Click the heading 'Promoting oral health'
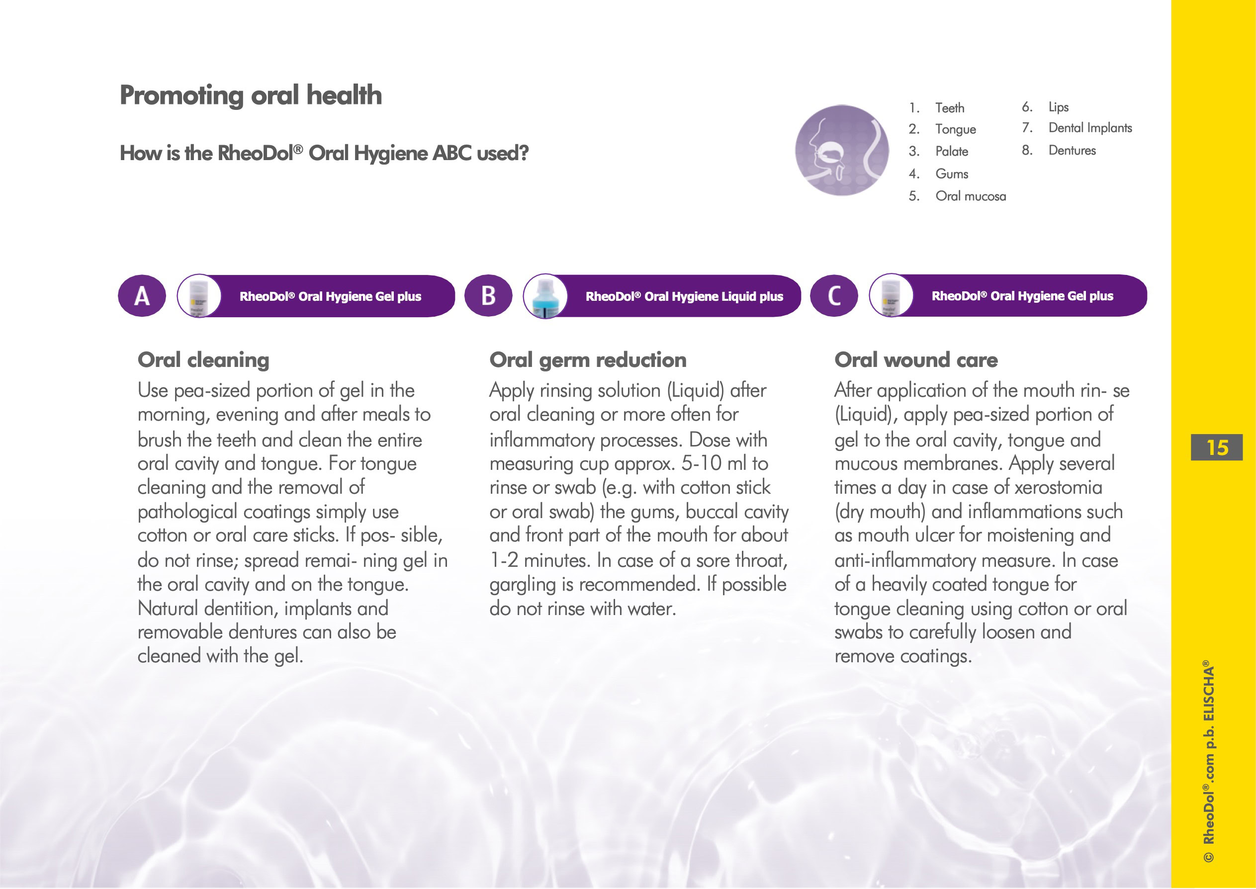coord(251,95)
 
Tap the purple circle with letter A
coord(142,296)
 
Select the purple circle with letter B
coord(488,296)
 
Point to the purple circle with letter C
coord(833,296)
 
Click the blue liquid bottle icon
coord(545,296)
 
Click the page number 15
coord(1217,447)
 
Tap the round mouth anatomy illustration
coord(842,151)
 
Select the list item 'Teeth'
coord(950,108)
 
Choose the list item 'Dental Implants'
coord(1089,128)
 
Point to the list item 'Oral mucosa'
coord(970,196)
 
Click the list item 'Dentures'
coord(1072,151)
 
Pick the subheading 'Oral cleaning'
coord(203,359)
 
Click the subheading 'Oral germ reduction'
coord(588,359)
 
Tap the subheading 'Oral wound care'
coord(915,359)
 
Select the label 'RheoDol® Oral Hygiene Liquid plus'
coord(684,296)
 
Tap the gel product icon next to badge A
coord(199,296)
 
